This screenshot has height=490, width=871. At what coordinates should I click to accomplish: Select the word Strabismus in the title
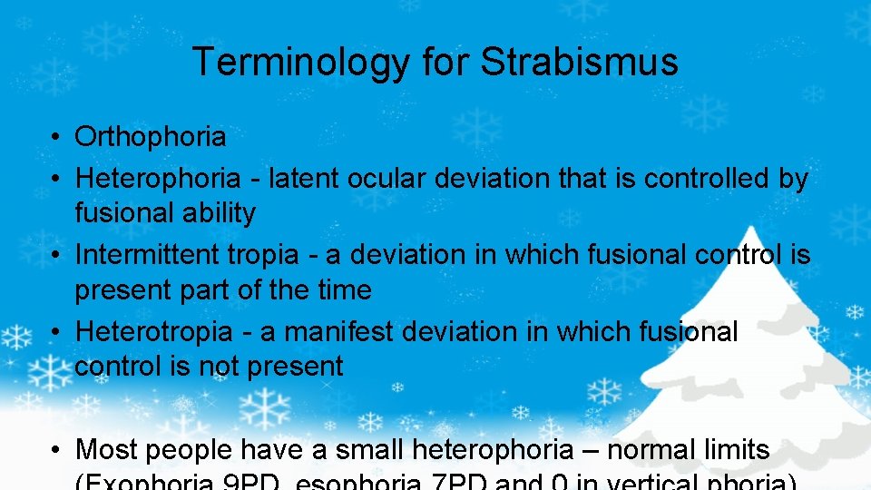point(579,62)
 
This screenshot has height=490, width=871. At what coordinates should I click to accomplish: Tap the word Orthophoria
point(151,137)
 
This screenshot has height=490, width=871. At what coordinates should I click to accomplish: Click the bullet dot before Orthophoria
point(55,138)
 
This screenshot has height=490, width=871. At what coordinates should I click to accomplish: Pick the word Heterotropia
point(153,332)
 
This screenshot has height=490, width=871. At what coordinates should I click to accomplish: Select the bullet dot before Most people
point(55,450)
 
